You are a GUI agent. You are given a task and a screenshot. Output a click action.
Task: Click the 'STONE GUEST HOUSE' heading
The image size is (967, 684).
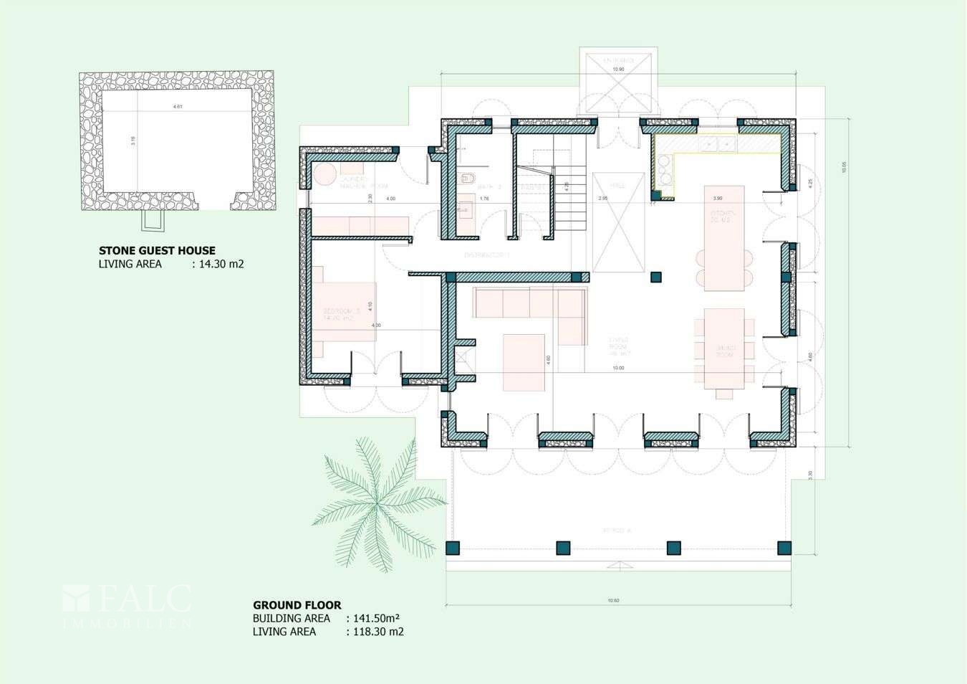coord(157,251)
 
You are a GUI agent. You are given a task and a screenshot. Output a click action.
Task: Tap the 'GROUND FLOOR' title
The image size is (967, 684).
coord(297,605)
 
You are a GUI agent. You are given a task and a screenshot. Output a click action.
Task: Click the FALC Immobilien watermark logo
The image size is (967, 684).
coord(128,605)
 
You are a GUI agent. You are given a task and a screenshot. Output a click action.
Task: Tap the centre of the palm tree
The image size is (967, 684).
coord(373,505)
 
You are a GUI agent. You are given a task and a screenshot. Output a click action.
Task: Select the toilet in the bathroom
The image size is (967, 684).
coord(467,179)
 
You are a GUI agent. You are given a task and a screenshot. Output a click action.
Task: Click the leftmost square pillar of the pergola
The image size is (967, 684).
coord(452,548)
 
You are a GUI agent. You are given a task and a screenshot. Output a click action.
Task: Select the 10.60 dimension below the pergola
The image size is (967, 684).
coord(613,601)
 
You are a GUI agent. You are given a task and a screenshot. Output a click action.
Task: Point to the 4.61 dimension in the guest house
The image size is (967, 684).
coord(177,107)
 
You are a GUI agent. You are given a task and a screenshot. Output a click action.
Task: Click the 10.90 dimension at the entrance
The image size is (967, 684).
coord(617,69)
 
